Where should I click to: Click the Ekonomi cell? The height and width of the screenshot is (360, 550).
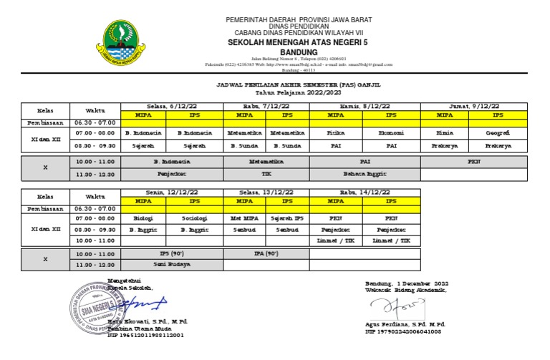pyautogui.click(x=392, y=132)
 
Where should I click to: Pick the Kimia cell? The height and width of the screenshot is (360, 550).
pyautogui.click(x=445, y=132)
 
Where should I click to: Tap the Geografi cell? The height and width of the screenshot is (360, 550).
pyautogui.click(x=498, y=132)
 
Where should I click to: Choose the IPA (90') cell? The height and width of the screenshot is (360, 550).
pyautogui.click(x=266, y=253)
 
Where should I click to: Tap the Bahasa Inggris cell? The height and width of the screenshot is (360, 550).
pyautogui.click(x=365, y=174)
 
